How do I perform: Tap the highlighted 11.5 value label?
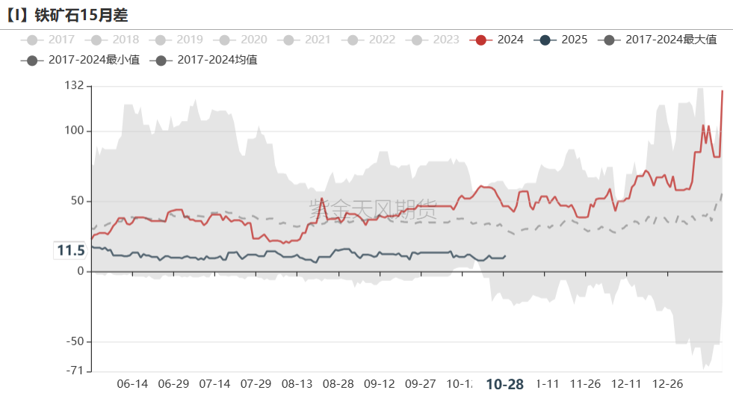71,251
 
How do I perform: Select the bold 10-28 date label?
504,384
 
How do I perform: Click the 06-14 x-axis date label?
132,384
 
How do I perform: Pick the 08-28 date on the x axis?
338,384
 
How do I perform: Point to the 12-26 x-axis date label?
667,384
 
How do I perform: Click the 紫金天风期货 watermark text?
372,210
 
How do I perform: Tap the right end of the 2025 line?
505,256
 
